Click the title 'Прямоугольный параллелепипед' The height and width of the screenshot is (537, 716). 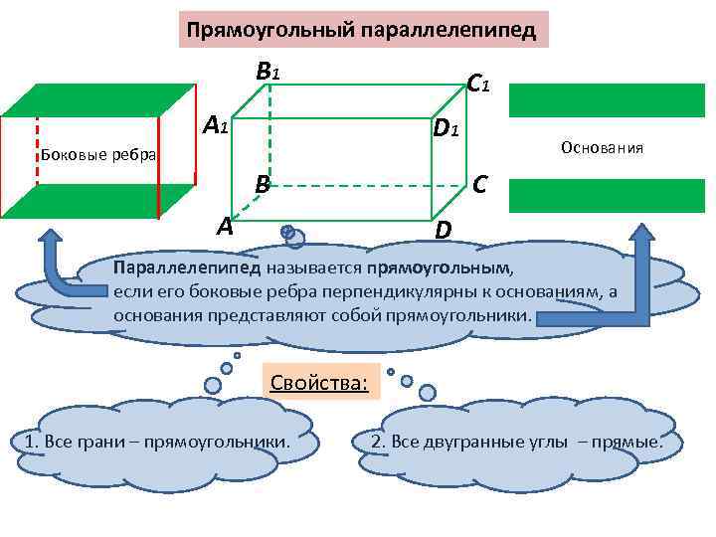(362, 31)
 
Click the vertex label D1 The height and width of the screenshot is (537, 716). (445, 128)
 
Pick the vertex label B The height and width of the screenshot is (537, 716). (262, 184)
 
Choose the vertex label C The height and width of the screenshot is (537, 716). (480, 184)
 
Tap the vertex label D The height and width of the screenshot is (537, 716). (444, 230)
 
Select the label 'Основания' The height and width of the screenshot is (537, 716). (602, 148)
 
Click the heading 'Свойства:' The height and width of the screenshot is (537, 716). (318, 381)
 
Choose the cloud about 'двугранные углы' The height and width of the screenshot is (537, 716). (515, 442)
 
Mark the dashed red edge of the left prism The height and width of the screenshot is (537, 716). (38, 149)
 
